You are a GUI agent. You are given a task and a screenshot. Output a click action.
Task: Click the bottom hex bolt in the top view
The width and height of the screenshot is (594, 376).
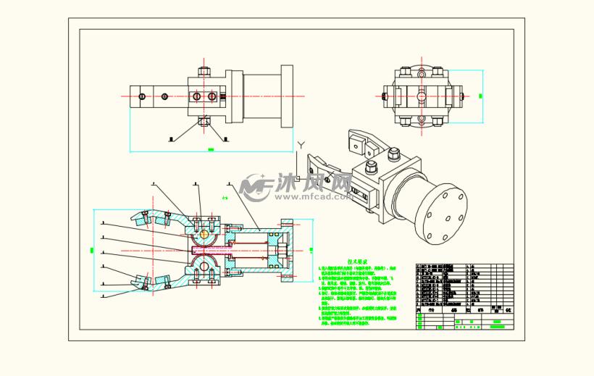tap(204, 120)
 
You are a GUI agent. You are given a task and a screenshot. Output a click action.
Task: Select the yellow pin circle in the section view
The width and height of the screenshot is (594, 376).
tap(204, 234)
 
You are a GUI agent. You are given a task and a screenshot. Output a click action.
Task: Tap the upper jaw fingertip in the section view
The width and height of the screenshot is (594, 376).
tap(135, 215)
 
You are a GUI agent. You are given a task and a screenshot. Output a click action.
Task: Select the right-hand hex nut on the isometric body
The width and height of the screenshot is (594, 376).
tap(395, 154)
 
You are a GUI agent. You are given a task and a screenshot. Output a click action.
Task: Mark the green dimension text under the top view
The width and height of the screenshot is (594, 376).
tap(211, 149)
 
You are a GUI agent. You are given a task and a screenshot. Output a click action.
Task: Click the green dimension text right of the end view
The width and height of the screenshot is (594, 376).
tap(483, 96)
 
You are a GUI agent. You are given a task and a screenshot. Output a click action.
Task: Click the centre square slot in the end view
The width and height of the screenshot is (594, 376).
tap(419, 96)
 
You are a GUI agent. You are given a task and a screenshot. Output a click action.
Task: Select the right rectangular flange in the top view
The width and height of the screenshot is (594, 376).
tap(287, 96)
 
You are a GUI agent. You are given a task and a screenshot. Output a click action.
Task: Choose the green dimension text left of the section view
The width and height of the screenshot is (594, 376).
tap(92, 250)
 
